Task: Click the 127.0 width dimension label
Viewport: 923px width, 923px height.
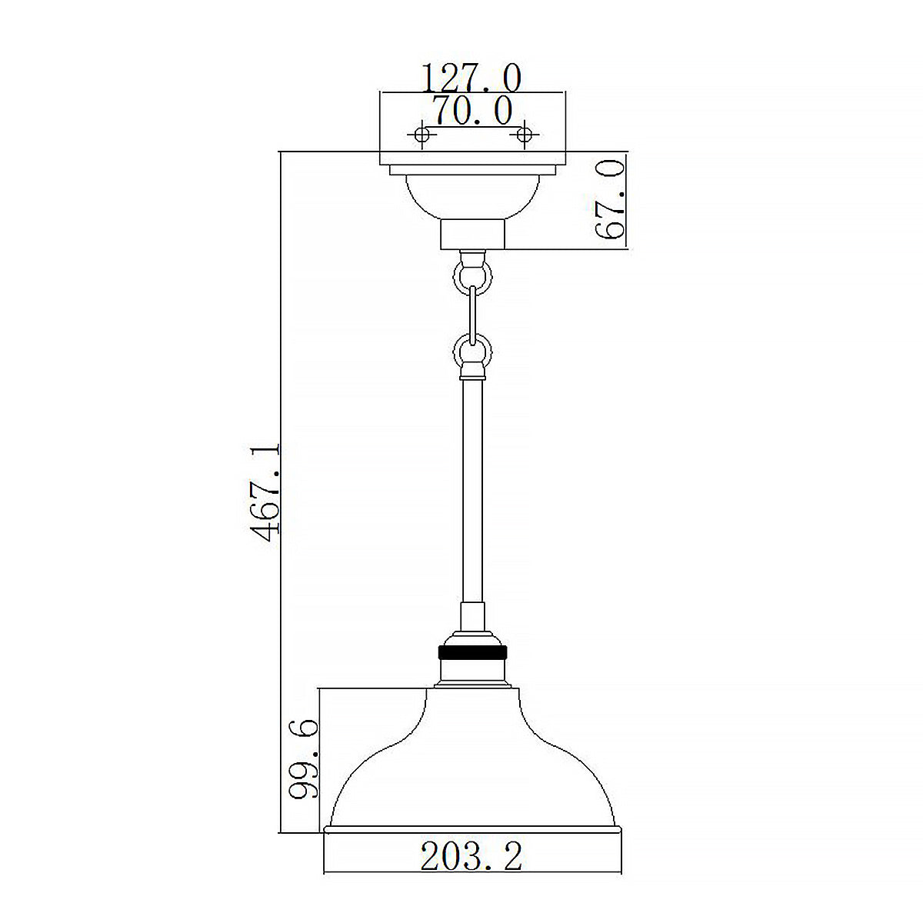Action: (471, 78)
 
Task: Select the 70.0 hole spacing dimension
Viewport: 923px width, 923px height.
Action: (471, 111)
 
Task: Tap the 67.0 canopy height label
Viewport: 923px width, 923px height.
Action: (608, 200)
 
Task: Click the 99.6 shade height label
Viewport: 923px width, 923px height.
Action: (300, 760)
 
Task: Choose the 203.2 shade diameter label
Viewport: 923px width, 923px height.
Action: (471, 855)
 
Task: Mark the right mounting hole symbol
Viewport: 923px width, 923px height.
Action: (525, 135)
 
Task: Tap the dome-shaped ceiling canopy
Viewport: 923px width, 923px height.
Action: (471, 196)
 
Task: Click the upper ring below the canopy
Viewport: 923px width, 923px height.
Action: (471, 275)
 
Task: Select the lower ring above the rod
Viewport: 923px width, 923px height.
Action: (471, 350)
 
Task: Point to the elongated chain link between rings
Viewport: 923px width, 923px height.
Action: (471, 312)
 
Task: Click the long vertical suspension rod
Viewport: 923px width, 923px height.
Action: (471, 492)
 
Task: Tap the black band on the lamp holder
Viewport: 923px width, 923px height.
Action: (471, 651)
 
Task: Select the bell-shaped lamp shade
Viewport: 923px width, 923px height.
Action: (471, 761)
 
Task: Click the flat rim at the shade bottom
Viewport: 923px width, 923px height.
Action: (471, 829)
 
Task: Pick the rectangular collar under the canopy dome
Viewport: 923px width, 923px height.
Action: (471, 234)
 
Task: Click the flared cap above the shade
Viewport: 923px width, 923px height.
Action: (471, 677)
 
